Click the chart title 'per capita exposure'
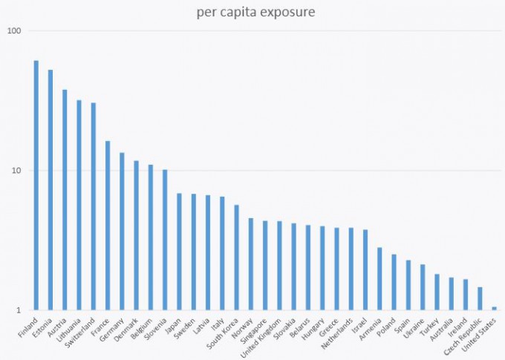coord(252,12)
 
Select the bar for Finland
coord(36,186)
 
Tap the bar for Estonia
coord(50,190)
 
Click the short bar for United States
coord(494,308)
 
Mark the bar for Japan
coord(179,252)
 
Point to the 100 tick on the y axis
coord(15,31)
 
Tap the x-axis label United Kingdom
coord(265,338)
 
